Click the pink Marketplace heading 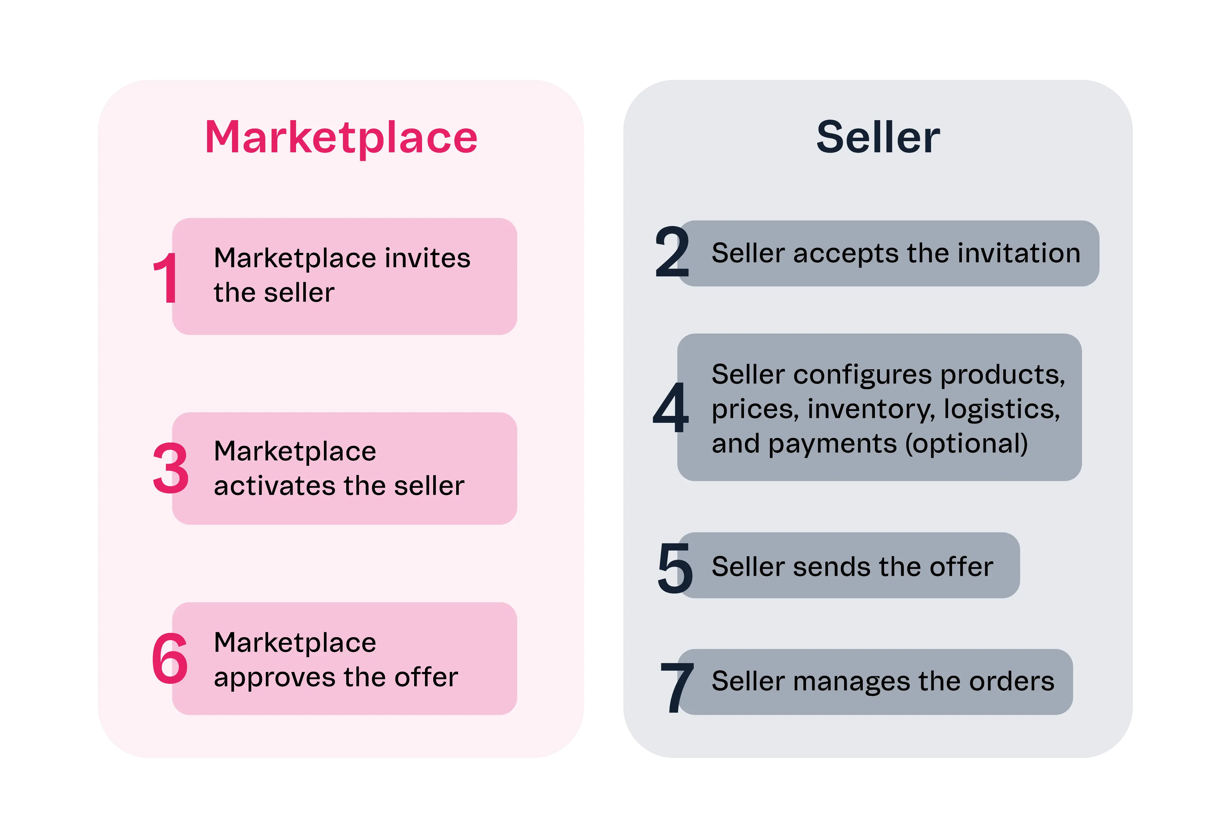point(341,137)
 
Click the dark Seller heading point(878,137)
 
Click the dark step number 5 point(675,568)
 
